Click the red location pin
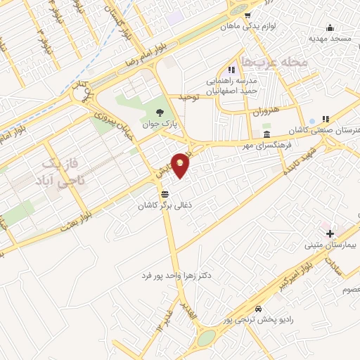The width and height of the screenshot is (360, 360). [x=181, y=165]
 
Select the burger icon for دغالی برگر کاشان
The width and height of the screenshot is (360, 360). [x=165, y=194]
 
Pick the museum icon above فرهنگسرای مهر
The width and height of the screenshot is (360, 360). [x=266, y=134]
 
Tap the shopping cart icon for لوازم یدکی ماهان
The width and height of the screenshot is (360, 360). [x=246, y=14]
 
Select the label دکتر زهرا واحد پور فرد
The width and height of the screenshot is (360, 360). [x=176, y=274]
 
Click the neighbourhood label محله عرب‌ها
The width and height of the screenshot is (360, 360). [x=274, y=63]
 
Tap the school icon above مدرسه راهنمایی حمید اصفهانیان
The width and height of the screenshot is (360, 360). [x=231, y=70]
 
